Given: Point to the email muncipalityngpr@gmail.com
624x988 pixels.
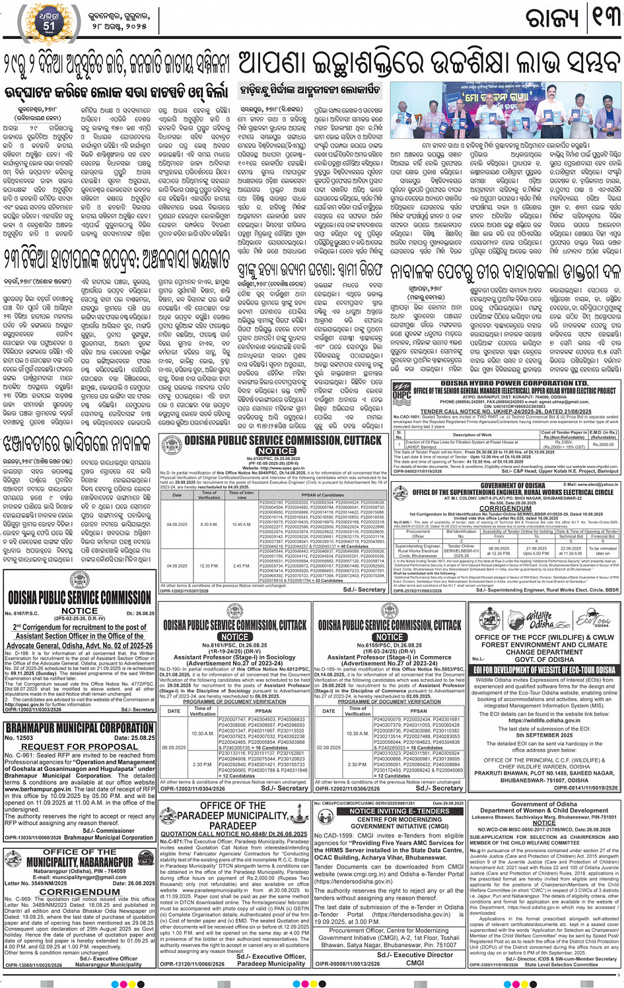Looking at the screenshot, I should click(x=79, y=877).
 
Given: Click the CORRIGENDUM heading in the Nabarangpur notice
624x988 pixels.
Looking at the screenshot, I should click(x=79, y=891).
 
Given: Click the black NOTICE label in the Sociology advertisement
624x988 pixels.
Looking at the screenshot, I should click(x=234, y=637).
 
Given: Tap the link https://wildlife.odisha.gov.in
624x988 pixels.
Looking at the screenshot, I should click(x=544, y=721).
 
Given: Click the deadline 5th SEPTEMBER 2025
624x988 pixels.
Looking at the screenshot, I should click(x=545, y=735).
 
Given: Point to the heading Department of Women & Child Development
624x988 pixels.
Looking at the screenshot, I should click(x=544, y=810).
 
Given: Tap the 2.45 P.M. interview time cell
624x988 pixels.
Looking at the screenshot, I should click(x=242, y=566).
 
